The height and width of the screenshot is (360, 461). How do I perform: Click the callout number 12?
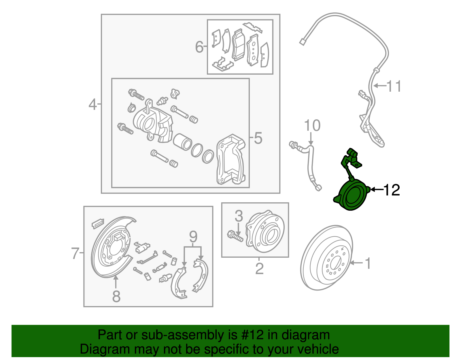point(392,190)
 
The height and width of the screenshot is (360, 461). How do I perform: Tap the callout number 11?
point(394,86)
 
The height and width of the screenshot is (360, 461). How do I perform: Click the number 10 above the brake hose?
point(312,126)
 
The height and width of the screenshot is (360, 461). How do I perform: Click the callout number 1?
point(368,263)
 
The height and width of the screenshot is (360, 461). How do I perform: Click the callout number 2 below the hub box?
point(259,269)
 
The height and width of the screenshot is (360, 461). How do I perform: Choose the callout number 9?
point(193,237)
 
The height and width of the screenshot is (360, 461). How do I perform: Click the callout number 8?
point(116,296)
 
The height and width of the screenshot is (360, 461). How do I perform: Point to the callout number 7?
point(75,253)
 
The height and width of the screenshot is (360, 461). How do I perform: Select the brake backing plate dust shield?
point(111,251)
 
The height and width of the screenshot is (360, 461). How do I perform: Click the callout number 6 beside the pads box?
point(199,47)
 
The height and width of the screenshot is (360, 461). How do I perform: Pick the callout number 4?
point(92,105)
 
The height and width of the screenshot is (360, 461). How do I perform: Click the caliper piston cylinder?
point(182,142)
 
